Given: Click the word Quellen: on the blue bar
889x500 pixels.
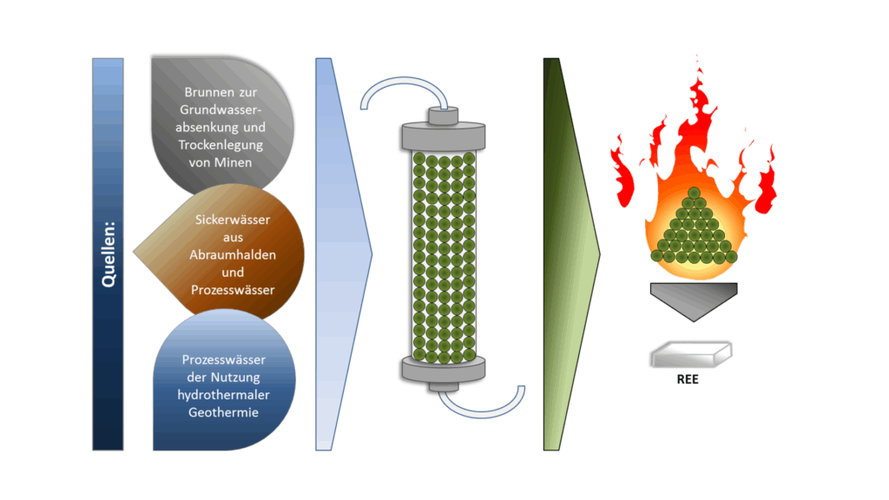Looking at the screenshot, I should coord(108,253).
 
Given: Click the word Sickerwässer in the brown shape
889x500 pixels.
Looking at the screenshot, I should coord(232,220).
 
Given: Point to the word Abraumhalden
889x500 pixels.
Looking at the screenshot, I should coord(232,254).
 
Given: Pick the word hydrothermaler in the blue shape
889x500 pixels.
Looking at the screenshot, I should coord(223,394).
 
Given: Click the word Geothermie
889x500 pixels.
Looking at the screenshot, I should coord(223,411).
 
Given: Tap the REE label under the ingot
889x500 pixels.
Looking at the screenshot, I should coord(688,379).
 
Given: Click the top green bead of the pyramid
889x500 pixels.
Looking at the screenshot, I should coord(693,194).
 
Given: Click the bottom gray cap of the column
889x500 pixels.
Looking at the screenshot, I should coord(444,370).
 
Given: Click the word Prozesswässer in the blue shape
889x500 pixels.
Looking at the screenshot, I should coord(223,359).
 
